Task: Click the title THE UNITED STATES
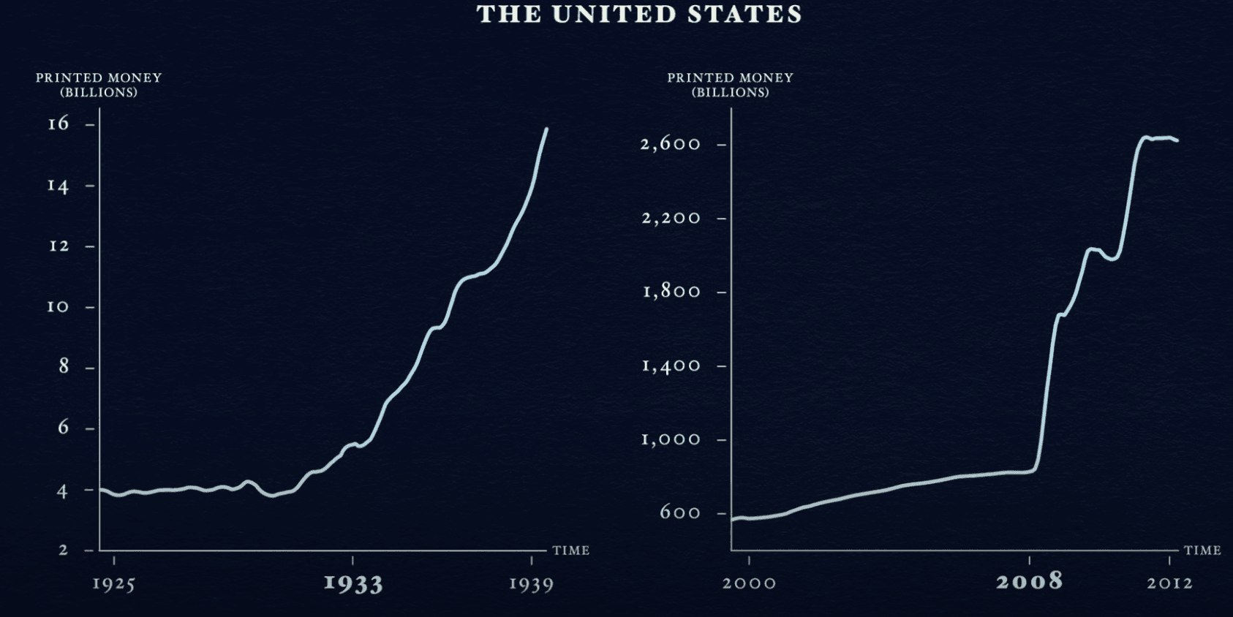pyautogui.click(x=639, y=15)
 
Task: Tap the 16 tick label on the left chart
pyautogui.click(x=59, y=124)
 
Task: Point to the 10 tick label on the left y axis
pyautogui.click(x=59, y=306)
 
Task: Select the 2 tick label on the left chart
pyautogui.click(x=64, y=550)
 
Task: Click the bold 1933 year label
pyautogui.click(x=353, y=583)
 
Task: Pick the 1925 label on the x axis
pyautogui.click(x=114, y=584)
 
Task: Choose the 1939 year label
pyautogui.click(x=532, y=584)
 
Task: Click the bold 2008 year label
pyautogui.click(x=1029, y=582)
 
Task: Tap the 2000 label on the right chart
pyautogui.click(x=749, y=583)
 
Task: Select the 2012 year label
pyautogui.click(x=1169, y=583)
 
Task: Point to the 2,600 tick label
pyautogui.click(x=671, y=144)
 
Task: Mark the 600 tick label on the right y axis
pyautogui.click(x=680, y=512)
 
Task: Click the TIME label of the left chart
pyautogui.click(x=571, y=550)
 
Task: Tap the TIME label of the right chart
pyautogui.click(x=1202, y=550)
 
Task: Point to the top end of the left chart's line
pyautogui.click(x=546, y=129)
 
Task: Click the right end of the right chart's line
pyautogui.click(x=1177, y=140)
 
